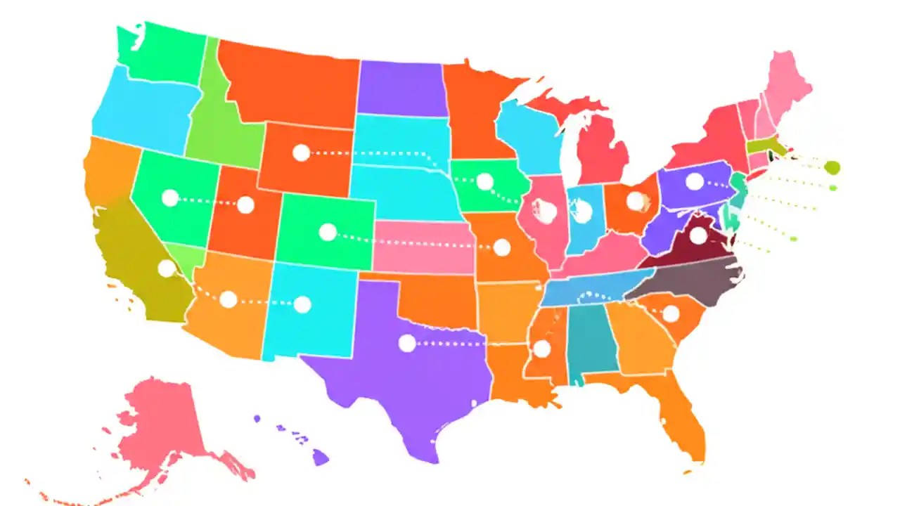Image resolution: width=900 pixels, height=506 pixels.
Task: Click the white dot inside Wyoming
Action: coord(301,153)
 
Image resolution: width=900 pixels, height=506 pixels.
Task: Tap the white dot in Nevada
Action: coord(169,198)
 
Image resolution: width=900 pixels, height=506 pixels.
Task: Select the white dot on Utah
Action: coord(245,205)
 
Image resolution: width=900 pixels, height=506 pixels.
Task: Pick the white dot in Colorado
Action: coord(328,233)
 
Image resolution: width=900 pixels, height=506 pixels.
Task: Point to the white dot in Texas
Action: coord(407,344)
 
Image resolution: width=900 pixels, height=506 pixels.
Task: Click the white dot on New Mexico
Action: coord(302,304)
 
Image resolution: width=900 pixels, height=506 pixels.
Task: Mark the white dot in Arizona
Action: coord(228,300)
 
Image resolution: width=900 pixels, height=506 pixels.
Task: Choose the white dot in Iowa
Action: coord(484,182)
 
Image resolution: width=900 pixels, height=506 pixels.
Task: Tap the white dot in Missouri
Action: coord(501,247)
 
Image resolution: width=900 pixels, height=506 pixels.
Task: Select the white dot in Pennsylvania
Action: coord(694,181)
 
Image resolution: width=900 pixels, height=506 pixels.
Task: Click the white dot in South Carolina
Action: coord(671,313)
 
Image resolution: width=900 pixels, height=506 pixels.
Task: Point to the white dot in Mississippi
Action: coord(541,349)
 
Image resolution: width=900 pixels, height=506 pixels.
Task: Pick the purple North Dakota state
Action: coord(401,88)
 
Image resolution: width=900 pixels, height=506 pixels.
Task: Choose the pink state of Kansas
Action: coord(422,246)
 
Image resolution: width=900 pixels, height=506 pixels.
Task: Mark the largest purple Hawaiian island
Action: coord(320,458)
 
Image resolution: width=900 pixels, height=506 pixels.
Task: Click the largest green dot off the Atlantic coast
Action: coord(832,167)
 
